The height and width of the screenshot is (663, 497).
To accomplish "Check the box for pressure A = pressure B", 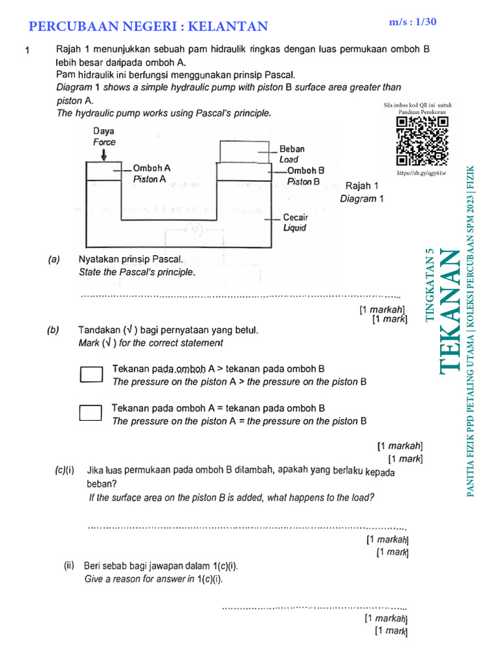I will click(x=91, y=413).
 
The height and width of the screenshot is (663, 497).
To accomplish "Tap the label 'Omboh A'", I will click(x=151, y=168).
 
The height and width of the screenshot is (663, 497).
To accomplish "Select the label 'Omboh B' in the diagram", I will click(x=305, y=170).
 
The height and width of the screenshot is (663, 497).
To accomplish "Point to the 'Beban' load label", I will click(x=292, y=149).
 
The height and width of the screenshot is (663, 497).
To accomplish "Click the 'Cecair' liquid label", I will click(x=296, y=218).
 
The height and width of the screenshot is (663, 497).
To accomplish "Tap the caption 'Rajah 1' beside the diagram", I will click(x=362, y=186).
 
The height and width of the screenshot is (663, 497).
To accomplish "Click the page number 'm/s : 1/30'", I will click(x=413, y=22).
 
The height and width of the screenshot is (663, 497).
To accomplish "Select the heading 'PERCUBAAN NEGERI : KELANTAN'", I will click(x=149, y=27).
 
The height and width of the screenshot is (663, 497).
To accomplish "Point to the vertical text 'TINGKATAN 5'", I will click(x=430, y=285).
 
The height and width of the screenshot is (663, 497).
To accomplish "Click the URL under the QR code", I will click(x=421, y=174).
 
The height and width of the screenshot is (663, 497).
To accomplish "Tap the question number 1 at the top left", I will click(x=27, y=51).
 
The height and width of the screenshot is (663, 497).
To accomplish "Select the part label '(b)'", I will click(x=54, y=330).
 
